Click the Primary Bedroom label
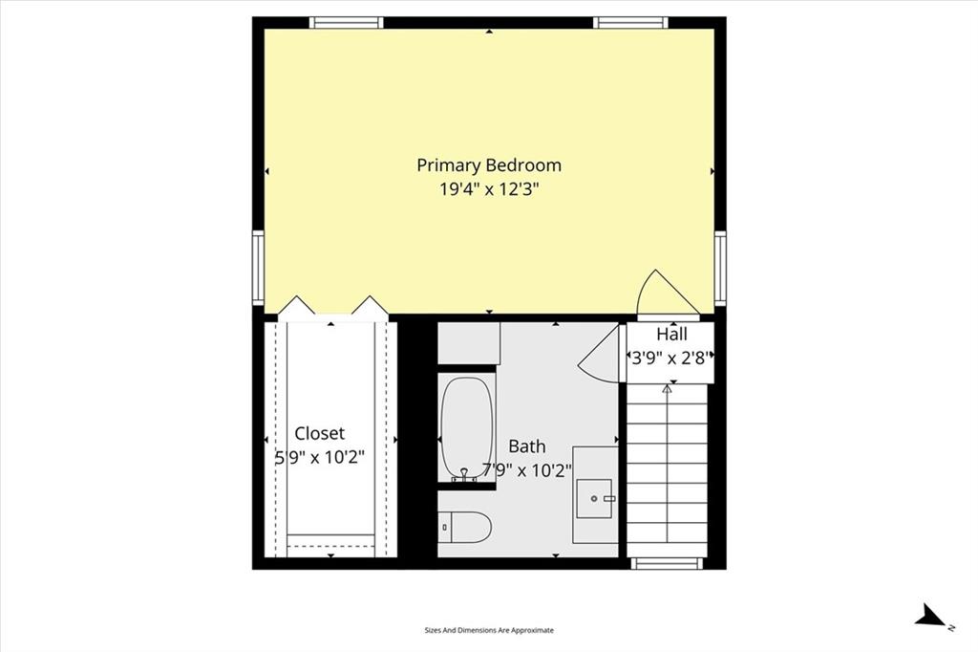tap(489, 165)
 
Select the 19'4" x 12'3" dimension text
tap(489, 189)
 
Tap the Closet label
tap(319, 433)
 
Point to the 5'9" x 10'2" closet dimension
tap(320, 458)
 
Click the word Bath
tap(527, 446)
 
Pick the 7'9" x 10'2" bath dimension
tap(527, 470)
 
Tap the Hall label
tap(671, 334)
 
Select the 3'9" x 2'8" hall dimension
tap(670, 359)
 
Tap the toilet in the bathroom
tap(465, 528)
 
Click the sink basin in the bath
tap(594, 498)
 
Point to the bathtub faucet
tap(465, 475)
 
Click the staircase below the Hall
tap(667, 470)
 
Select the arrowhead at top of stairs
tap(667, 388)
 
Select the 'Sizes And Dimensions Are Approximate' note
tap(489, 630)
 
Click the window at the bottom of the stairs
tap(667, 563)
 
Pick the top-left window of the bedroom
tap(346, 23)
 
